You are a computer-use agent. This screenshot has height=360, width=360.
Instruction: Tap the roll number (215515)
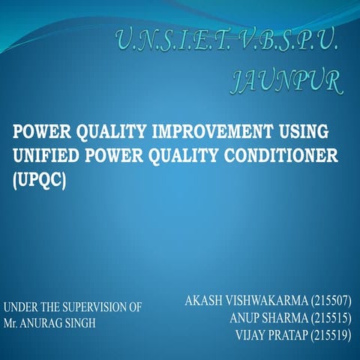[x=328, y=318]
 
